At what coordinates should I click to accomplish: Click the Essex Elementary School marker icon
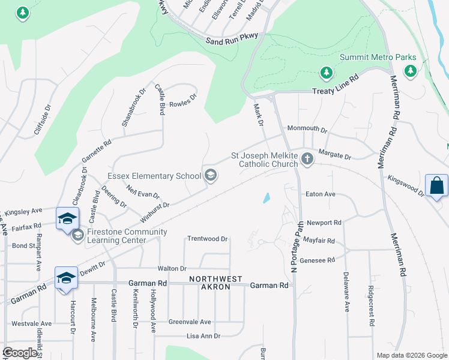pyautogui.click(x=210, y=175)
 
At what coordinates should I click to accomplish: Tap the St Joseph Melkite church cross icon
pyautogui.click(x=307, y=159)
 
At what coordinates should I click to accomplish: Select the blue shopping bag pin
pyautogui.click(x=436, y=186)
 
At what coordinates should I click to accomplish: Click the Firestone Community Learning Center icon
pyautogui.click(x=77, y=236)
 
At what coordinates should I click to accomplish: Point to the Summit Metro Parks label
pyautogui.click(x=378, y=57)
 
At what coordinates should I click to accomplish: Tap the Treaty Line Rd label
pyautogui.click(x=335, y=85)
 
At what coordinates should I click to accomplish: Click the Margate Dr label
pyautogui.click(x=334, y=155)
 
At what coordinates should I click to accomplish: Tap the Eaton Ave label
pyautogui.click(x=320, y=194)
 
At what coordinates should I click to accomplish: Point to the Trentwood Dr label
pyautogui.click(x=208, y=239)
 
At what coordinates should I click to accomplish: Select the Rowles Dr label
pyautogui.click(x=183, y=100)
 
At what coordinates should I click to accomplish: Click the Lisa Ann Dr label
pyautogui.click(x=203, y=336)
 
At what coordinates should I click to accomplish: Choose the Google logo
pyautogui.click(x=20, y=353)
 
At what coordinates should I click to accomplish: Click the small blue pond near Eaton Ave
pyautogui.click(x=266, y=197)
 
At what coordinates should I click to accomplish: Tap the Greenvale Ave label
pyautogui.click(x=190, y=322)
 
